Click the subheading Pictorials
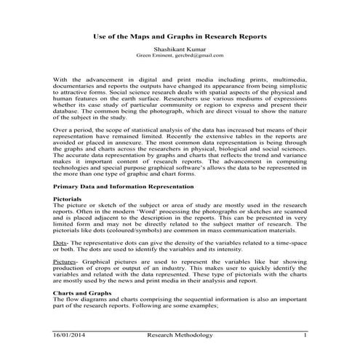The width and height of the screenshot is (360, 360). pos(68,198)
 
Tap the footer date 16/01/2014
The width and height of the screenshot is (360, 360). pos(70,335)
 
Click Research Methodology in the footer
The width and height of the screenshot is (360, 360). pos(180,335)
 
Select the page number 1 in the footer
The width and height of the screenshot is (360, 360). pos(305,335)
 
